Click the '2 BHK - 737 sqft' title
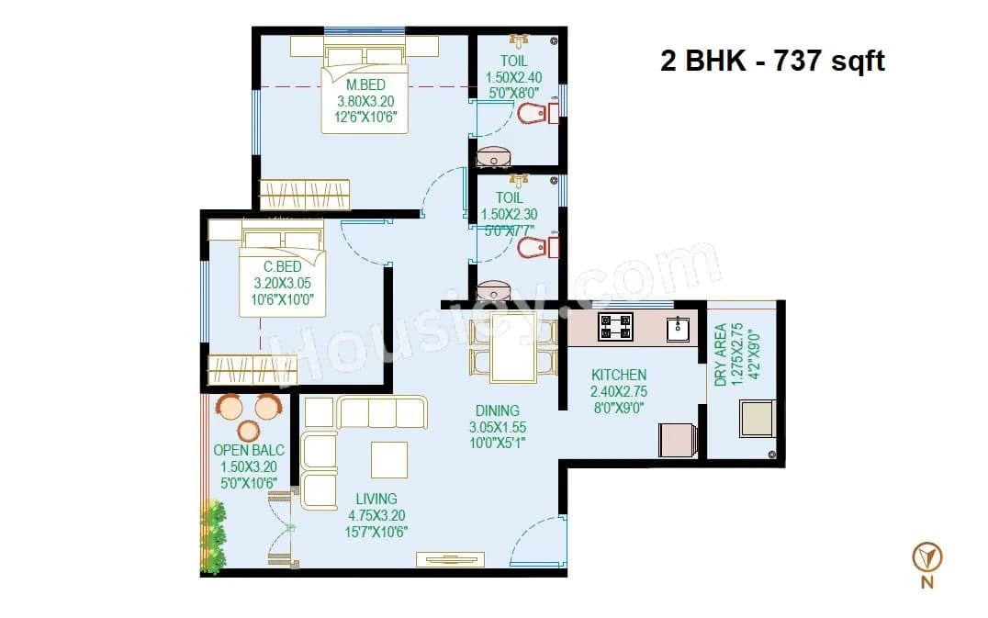click(772, 62)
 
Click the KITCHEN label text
click(618, 375)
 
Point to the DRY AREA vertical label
click(721, 354)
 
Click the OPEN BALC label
click(249, 450)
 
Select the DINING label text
click(497, 410)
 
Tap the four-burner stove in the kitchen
click(615, 326)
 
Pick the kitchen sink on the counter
click(679, 327)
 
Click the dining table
click(512, 346)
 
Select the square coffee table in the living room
click(388, 459)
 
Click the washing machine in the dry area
click(758, 419)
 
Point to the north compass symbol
click(927, 556)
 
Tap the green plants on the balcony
click(213, 537)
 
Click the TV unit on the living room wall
click(448, 557)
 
